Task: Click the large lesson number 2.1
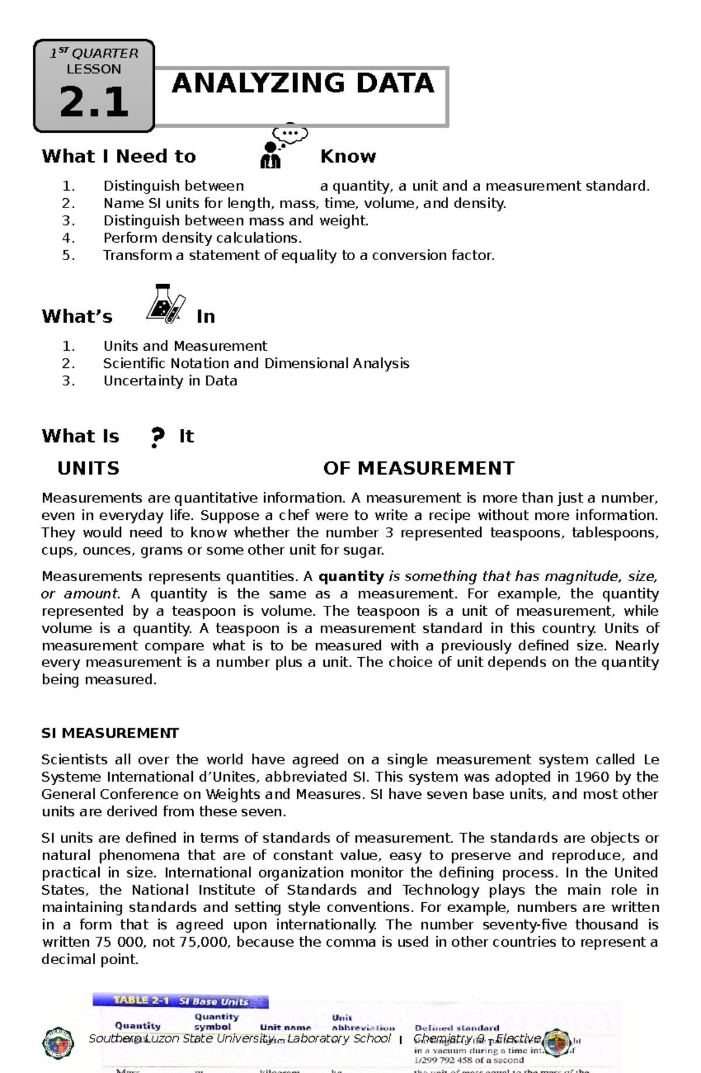pos(94,102)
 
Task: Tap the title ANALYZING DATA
pos(303,83)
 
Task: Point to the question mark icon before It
pos(157,437)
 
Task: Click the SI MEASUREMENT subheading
pos(110,733)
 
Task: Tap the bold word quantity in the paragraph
pos(350,577)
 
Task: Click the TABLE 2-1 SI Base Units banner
pos(180,1000)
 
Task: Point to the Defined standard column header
pos(456,1027)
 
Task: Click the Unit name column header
pos(285,1027)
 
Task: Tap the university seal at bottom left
pos(58,1043)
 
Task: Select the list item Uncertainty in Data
pos(170,381)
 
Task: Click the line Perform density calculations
pos(202,238)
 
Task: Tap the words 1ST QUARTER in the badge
pos(94,53)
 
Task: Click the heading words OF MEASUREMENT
pos(418,468)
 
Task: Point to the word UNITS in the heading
pos(88,468)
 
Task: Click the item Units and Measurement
pos(185,346)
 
